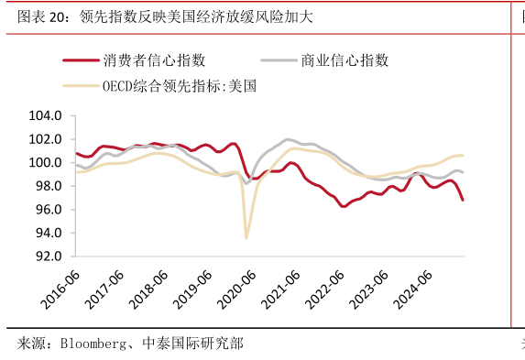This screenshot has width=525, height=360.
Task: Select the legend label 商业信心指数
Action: [345, 60]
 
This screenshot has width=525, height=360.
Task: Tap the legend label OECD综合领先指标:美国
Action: [180, 87]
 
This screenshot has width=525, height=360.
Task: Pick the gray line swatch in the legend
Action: [278, 61]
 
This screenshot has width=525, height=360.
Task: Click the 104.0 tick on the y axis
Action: [46, 116]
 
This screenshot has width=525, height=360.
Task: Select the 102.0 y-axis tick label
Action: [46, 139]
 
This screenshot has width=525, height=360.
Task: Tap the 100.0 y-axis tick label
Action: [46, 163]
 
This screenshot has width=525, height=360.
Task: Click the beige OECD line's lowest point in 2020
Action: [246, 238]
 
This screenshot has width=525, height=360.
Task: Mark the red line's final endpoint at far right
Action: [463, 200]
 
